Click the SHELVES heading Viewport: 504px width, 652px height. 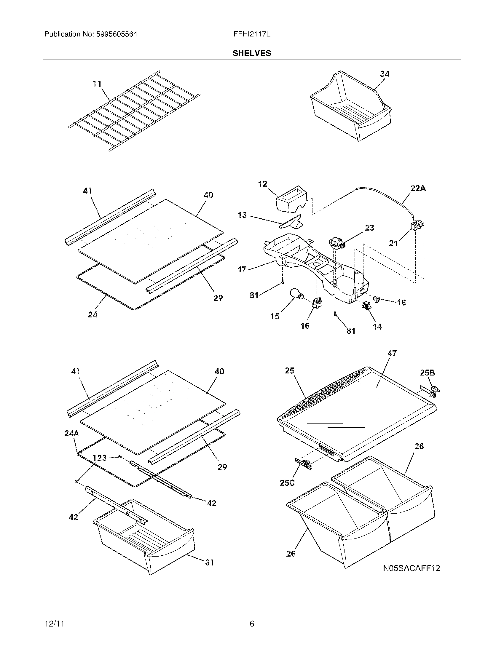tap(252, 53)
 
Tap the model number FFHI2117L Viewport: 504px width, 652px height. tap(252, 34)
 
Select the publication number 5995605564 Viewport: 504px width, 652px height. tap(117, 34)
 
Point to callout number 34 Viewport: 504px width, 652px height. tap(385, 74)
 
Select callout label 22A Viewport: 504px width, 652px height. tap(418, 188)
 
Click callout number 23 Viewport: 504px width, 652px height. tap(369, 228)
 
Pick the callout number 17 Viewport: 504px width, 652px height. tap(242, 269)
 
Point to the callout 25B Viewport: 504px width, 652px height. tap(427, 373)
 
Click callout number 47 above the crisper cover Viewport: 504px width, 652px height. tap(392, 353)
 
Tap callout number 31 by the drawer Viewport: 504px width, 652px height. tap(209, 562)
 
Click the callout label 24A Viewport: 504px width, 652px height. tap(72, 434)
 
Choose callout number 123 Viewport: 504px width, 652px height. tap(100, 458)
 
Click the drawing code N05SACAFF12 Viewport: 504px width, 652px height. tap(412, 568)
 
